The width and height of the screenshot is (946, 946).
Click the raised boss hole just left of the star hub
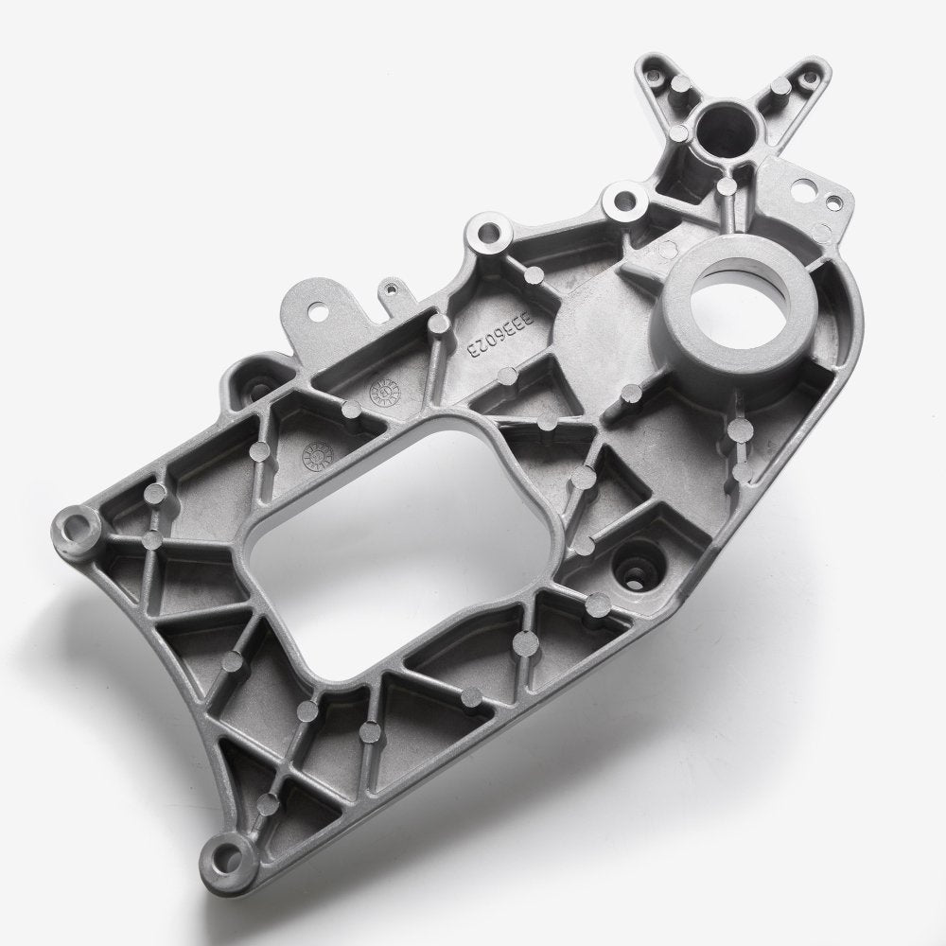(x=624, y=201)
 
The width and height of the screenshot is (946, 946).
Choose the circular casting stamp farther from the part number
(x=313, y=457)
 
